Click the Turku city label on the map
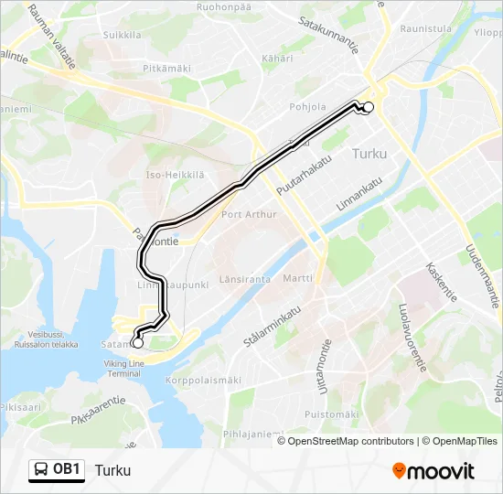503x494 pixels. [x=369, y=154]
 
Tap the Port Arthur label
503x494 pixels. [x=248, y=215]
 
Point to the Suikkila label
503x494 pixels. [x=122, y=35]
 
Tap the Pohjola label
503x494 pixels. [x=307, y=107]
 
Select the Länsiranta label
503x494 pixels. [x=245, y=279]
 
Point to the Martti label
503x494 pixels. [x=297, y=278]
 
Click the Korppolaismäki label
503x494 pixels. [x=203, y=380]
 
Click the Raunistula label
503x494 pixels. [x=426, y=28]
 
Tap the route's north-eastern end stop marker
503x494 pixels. [x=369, y=107]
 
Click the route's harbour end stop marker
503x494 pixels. [x=137, y=343]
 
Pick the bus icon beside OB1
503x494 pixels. [x=41, y=470]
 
